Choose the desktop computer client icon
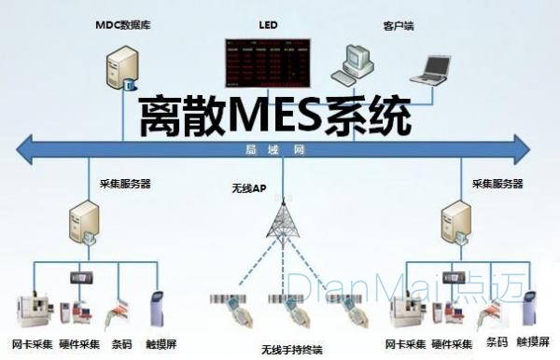(x=357, y=62)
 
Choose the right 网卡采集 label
(x=404, y=343)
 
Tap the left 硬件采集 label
(x=78, y=343)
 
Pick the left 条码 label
(x=121, y=343)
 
